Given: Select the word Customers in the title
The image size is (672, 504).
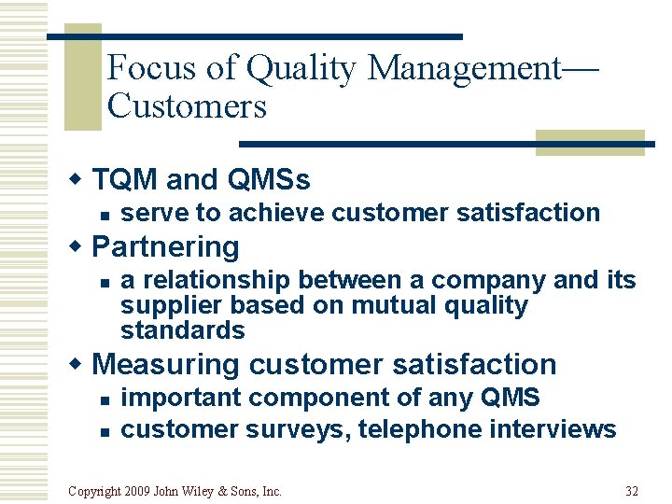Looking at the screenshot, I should pos(187,106).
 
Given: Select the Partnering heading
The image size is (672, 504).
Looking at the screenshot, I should pos(166,246).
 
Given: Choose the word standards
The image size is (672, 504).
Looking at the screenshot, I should pos(182,330).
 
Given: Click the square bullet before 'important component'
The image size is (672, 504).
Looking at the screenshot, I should pos(105,399).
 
